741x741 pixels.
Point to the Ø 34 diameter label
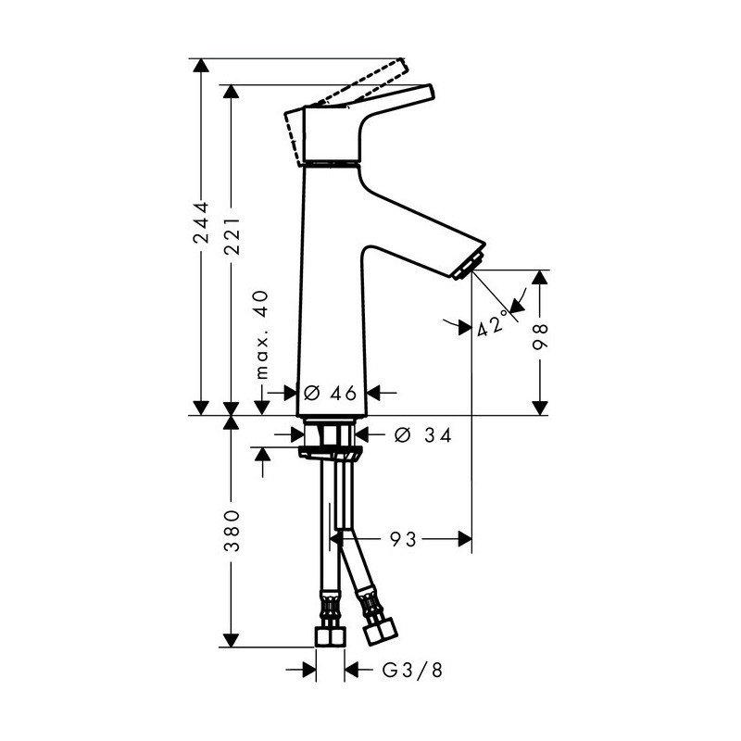pyautogui.click(x=422, y=435)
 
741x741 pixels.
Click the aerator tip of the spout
pyautogui.click(x=470, y=263)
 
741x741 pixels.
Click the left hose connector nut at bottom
pyautogui.click(x=329, y=636)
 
